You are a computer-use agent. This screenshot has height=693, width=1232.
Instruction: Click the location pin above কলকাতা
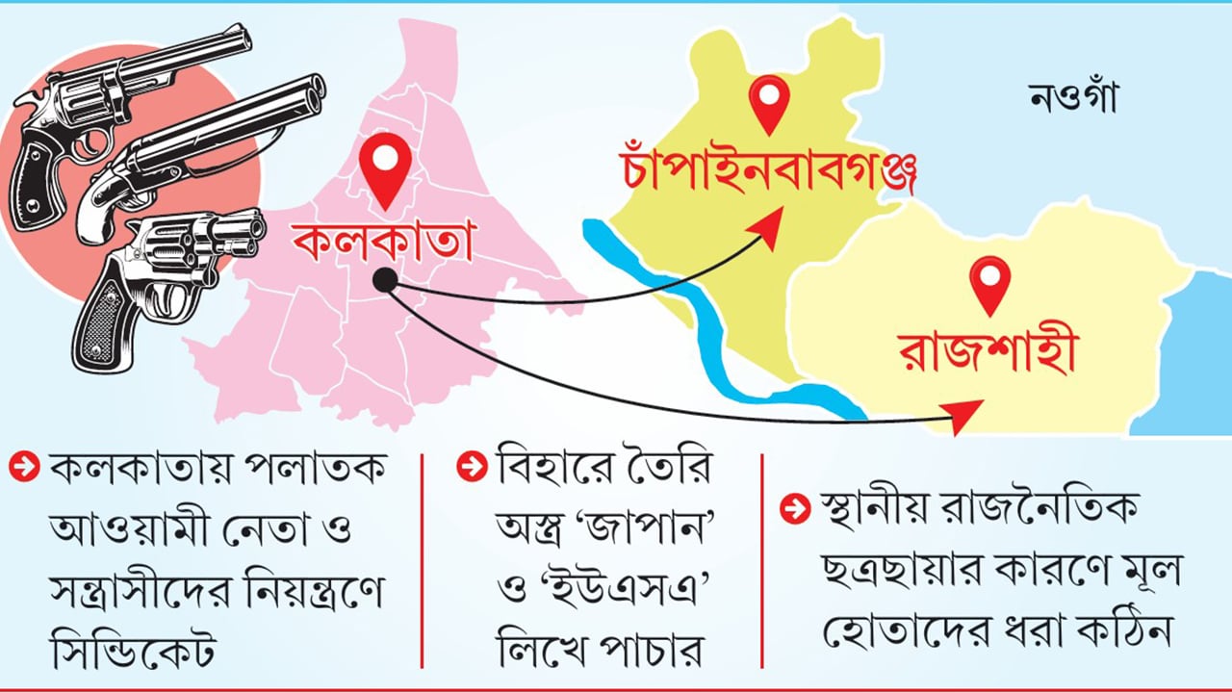[384, 169]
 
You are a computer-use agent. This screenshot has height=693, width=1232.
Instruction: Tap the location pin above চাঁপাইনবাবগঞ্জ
[769, 103]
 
